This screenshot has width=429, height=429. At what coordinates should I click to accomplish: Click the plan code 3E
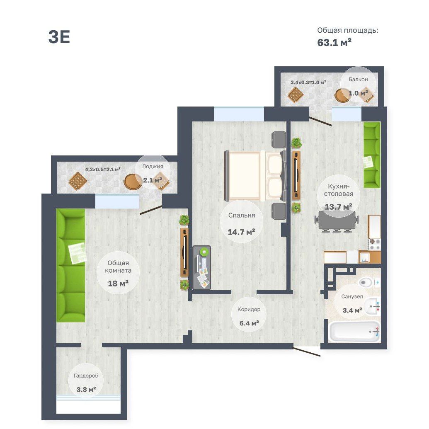(x=59, y=37)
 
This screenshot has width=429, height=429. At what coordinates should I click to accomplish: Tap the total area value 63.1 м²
(x=334, y=42)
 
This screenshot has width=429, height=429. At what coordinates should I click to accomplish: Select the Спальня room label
(x=242, y=215)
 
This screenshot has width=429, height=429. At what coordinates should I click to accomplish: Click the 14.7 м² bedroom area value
(x=242, y=232)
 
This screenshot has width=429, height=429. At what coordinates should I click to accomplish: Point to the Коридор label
(x=249, y=310)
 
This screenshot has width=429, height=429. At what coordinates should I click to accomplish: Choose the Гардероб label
(x=86, y=376)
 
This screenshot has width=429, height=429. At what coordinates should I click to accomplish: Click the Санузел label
(x=352, y=296)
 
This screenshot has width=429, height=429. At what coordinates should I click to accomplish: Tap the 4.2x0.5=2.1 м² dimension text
(x=103, y=170)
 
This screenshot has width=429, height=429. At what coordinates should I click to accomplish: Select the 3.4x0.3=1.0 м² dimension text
(x=308, y=82)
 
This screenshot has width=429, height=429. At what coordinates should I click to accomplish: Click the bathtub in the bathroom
(x=354, y=332)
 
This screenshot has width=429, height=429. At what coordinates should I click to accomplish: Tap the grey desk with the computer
(x=201, y=268)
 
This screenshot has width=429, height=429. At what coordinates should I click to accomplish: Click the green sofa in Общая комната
(x=70, y=265)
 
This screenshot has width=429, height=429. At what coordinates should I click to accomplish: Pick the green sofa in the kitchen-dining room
(x=372, y=155)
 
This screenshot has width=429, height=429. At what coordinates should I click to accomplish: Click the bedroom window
(x=239, y=114)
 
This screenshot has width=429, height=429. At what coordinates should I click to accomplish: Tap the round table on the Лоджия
(x=133, y=181)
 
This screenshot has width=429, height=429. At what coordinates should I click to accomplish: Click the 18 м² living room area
(x=118, y=284)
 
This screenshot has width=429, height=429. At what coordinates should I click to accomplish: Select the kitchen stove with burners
(x=374, y=244)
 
